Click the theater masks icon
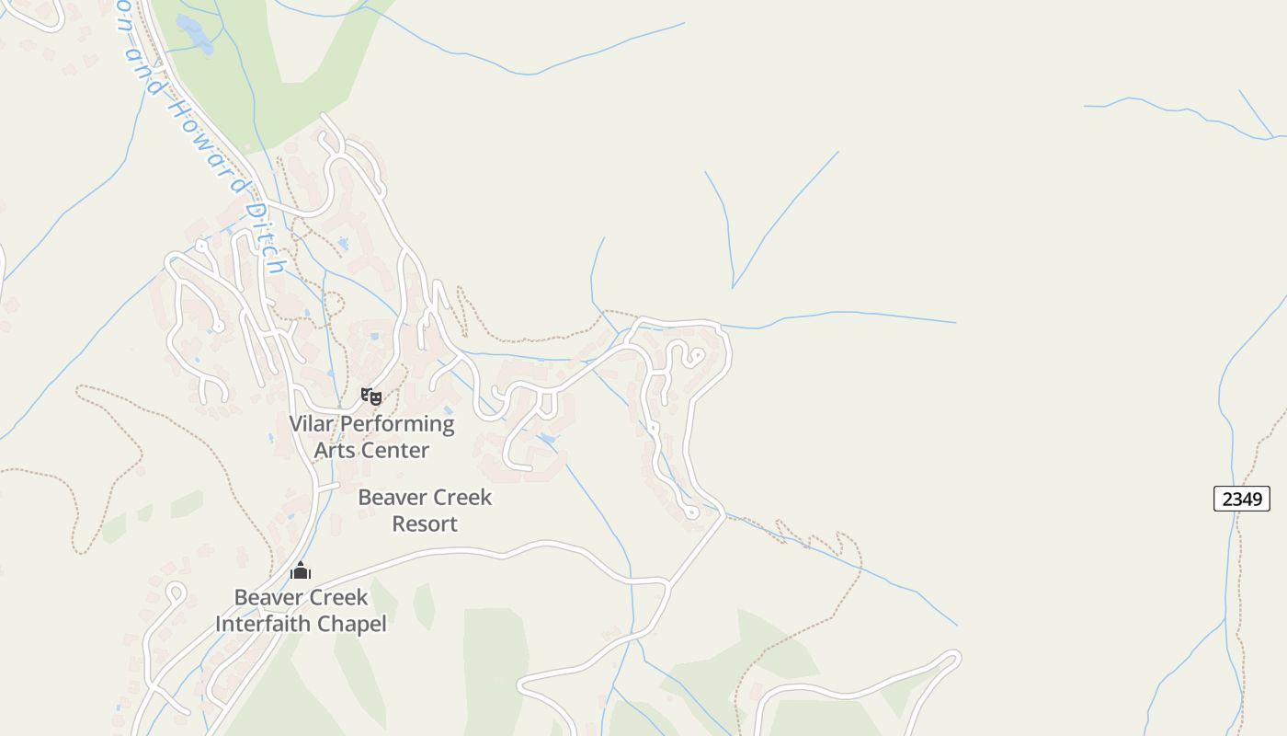coord(371,397)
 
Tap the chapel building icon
coord(301,571)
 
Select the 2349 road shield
coord(1242,499)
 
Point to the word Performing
coord(397,424)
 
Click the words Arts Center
coord(371,451)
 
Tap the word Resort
coord(425,524)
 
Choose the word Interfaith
coord(263,624)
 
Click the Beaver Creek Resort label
coord(425,511)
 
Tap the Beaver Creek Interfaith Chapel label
coord(301,610)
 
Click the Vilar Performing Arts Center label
coord(371,437)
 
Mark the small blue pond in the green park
coord(195,33)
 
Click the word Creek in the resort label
coord(461,498)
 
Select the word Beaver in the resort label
coord(390,498)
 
